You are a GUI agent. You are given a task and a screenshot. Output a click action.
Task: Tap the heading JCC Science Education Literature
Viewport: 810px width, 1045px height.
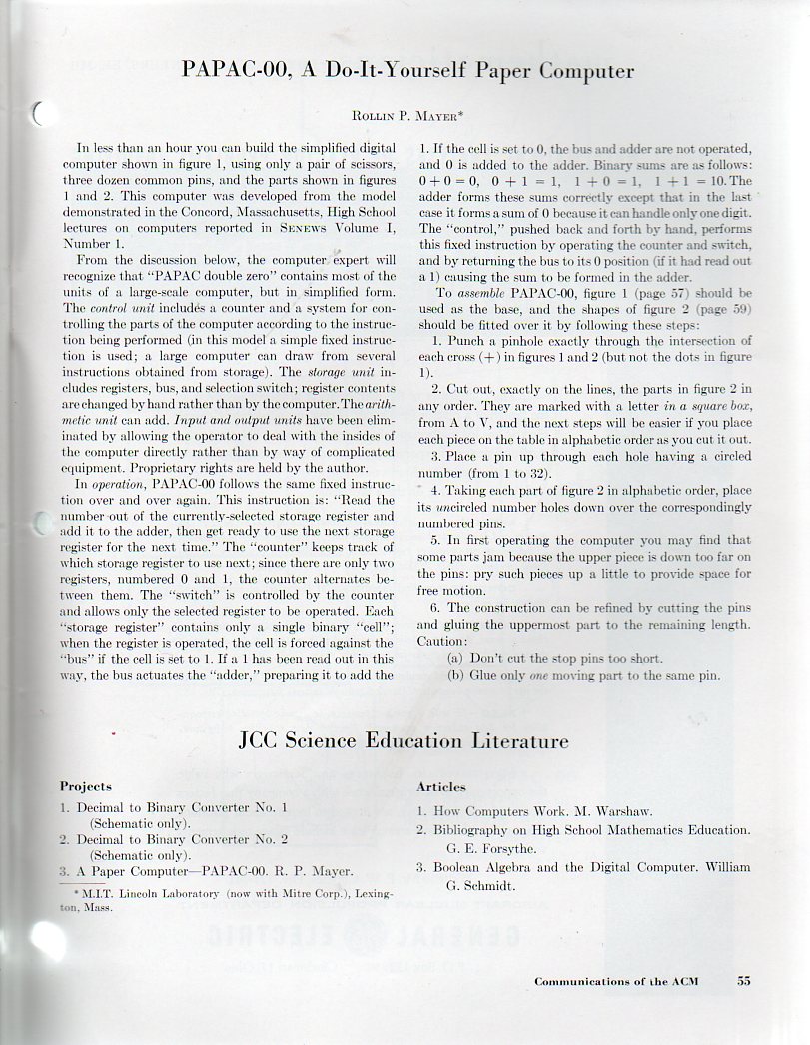click(x=405, y=741)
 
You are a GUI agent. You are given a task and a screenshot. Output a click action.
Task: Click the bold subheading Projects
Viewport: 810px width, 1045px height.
click(x=86, y=787)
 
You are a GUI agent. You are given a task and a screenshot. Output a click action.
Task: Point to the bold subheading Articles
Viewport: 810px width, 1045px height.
click(x=441, y=787)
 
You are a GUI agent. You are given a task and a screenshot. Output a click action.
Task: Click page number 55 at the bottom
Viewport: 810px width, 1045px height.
click(x=744, y=981)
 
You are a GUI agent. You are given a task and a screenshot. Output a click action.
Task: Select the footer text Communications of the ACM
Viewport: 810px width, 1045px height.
click(x=616, y=981)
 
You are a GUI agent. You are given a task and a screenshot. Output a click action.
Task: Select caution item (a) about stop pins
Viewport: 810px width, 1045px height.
click(x=554, y=659)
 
